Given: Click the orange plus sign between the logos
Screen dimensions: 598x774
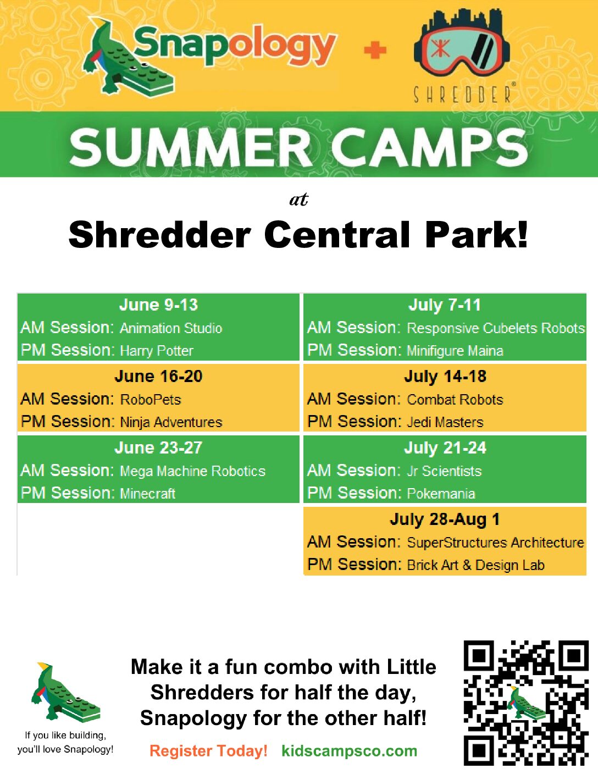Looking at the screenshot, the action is [375, 50].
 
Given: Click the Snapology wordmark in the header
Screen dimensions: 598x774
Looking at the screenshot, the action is [235, 46].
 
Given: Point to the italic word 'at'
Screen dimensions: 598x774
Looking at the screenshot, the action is [299, 200].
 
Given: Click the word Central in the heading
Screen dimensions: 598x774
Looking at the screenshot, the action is [337, 235].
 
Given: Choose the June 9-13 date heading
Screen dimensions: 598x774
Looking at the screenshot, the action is [158, 305].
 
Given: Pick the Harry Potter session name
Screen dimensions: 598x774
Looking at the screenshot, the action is [157, 351].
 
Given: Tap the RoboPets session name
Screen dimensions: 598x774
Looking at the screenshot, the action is [151, 399].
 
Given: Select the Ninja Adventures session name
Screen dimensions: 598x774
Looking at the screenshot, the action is [171, 422].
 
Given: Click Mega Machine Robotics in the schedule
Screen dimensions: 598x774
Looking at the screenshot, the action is [193, 471].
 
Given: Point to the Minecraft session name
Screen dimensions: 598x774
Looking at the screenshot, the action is [148, 494].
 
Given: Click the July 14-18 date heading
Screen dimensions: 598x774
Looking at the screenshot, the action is [445, 377].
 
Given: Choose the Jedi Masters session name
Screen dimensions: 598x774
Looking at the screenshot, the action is [445, 422].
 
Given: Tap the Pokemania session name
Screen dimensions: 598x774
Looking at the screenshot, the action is [441, 494].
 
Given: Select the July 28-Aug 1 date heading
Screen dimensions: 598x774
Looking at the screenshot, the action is [445, 519].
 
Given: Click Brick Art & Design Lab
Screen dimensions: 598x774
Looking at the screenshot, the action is [476, 565].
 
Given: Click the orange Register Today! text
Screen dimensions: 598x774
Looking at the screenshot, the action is [208, 751].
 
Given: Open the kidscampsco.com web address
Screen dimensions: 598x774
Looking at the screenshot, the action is [350, 751].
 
